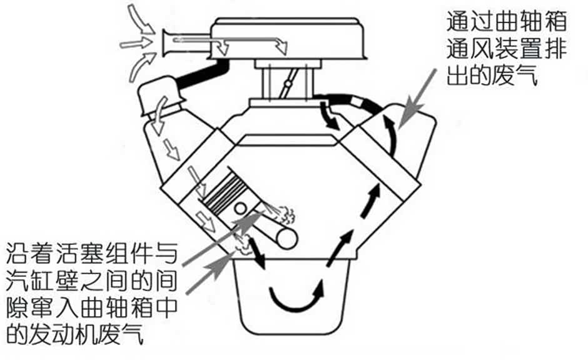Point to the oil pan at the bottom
291,296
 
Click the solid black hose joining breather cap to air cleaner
203,73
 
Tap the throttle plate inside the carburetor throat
290,83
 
